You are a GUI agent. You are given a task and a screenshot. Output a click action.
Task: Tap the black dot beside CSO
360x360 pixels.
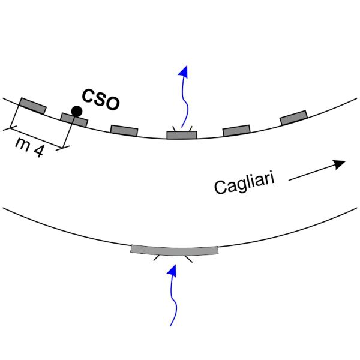(76, 111)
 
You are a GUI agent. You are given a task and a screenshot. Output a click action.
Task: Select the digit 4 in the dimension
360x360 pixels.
(38, 151)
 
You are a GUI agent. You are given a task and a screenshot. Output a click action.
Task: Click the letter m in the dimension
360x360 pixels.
(23, 144)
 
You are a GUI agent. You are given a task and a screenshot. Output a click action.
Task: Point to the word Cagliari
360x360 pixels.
(245, 182)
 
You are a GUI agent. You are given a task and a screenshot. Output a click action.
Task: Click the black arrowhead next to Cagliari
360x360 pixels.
(340, 163)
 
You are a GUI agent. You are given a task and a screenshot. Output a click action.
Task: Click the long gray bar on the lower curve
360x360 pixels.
(175, 249)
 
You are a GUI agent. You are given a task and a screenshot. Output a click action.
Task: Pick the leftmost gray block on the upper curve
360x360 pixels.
(32, 105)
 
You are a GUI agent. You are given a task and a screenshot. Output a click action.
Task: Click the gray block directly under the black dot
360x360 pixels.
(74, 120)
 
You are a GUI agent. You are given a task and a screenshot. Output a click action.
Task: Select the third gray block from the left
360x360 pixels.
(124, 130)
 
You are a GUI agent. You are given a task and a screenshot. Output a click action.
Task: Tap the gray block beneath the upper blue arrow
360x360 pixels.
(182, 135)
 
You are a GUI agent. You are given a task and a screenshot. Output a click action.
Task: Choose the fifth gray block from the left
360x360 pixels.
(236, 130)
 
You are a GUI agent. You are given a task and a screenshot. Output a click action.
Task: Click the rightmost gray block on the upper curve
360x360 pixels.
(293, 118)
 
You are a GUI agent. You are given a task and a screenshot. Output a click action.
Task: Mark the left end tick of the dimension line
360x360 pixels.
(11, 127)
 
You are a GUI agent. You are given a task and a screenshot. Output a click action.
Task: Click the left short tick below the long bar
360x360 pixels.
(157, 258)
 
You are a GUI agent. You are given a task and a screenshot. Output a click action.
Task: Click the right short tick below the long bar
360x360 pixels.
(188, 259)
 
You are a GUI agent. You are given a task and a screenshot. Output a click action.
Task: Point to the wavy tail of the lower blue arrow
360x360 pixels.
(173, 306)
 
